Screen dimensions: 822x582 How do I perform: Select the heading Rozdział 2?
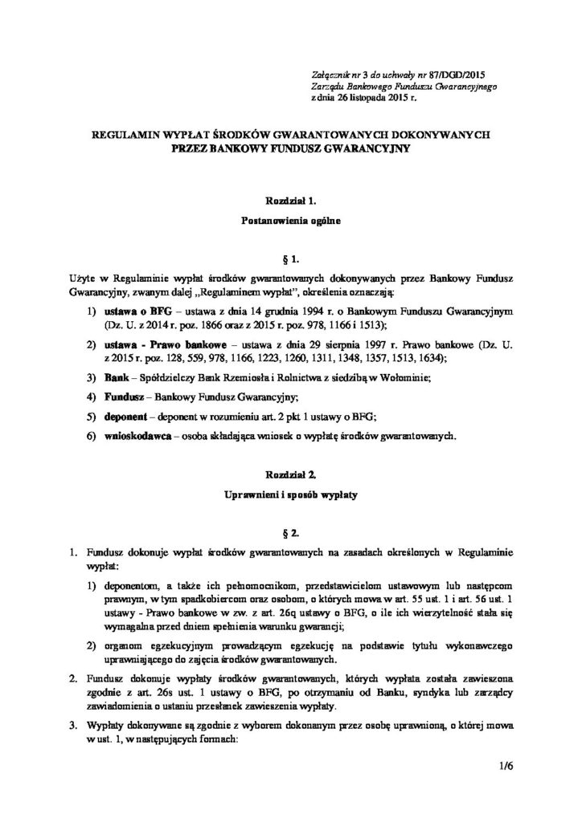click(291, 475)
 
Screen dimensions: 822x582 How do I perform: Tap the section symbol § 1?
click(291, 259)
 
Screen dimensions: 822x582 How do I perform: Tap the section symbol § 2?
click(291, 531)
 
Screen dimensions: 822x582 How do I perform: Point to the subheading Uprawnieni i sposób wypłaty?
click(291, 497)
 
